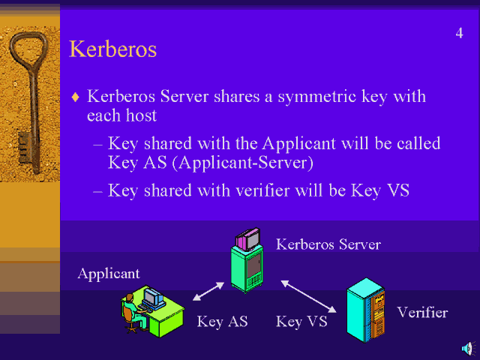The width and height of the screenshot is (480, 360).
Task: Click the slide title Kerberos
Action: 112,49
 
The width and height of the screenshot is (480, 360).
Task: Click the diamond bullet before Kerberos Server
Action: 74,97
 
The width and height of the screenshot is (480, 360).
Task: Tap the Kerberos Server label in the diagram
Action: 328,244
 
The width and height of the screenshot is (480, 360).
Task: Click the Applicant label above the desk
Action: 109,274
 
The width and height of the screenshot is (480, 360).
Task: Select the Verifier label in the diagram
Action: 422,313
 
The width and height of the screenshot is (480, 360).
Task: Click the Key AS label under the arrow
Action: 222,322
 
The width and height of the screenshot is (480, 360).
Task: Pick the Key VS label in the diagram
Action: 300,322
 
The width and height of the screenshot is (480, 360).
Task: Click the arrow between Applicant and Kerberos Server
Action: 208,291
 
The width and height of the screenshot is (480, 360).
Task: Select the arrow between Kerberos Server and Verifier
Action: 308,296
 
